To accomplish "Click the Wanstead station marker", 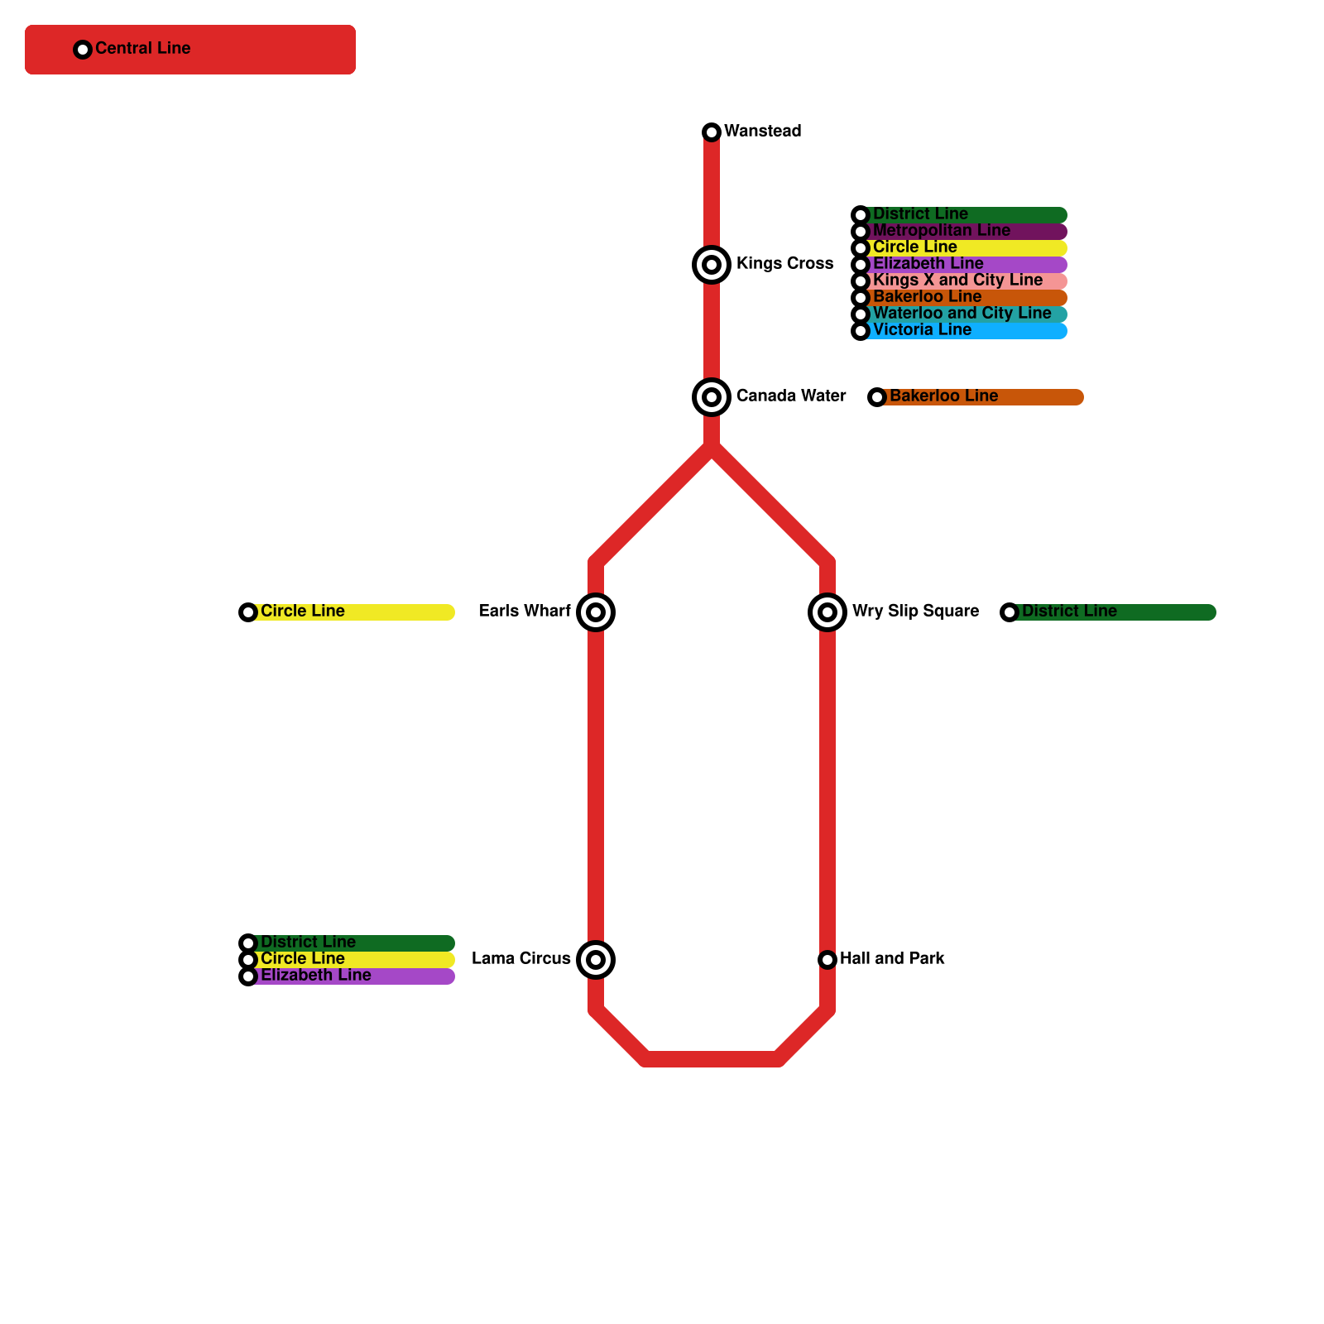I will pyautogui.click(x=712, y=132).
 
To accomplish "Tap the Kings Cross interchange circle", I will pyautogui.click(x=712, y=265).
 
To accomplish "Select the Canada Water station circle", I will pyautogui.click(x=712, y=397).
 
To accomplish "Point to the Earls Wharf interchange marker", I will pyautogui.click(x=596, y=612).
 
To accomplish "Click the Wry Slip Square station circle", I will pyautogui.click(x=827, y=612).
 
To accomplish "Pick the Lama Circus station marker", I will pyautogui.click(x=596, y=960).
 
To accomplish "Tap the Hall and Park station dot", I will pyautogui.click(x=827, y=960).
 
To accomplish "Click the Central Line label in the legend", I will pyautogui.click(x=142, y=49).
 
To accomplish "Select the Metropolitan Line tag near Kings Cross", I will pyautogui.click(x=960, y=232).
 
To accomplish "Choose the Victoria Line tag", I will pyautogui.click(x=960, y=331).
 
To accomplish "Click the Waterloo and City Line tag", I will pyautogui.click(x=960, y=314).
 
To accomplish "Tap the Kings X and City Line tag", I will pyautogui.click(x=960, y=281).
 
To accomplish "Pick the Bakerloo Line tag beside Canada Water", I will pyautogui.click(x=976, y=397).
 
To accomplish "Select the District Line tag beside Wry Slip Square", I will pyautogui.click(x=1109, y=612).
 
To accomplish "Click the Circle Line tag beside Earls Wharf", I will pyautogui.click(x=348, y=612).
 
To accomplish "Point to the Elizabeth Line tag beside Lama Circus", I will pyautogui.click(x=348, y=976).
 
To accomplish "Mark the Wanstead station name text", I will pyautogui.click(x=762, y=132).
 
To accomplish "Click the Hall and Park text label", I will pyautogui.click(x=892, y=959).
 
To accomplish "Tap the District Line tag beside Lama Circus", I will pyautogui.click(x=348, y=943).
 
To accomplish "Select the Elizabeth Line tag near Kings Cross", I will pyautogui.click(x=960, y=265).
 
